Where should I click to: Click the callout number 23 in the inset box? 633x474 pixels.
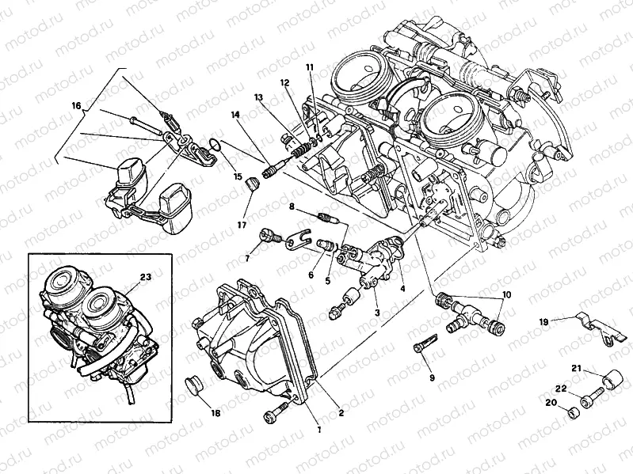pyautogui.click(x=144, y=277)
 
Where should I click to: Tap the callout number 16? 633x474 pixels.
pyautogui.click(x=76, y=105)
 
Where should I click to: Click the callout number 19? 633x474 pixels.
pyautogui.click(x=543, y=322)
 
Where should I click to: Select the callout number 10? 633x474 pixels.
pyautogui.click(x=507, y=295)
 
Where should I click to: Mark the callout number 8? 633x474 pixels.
pyautogui.click(x=292, y=207)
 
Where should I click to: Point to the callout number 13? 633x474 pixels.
pyautogui.click(x=258, y=97)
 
